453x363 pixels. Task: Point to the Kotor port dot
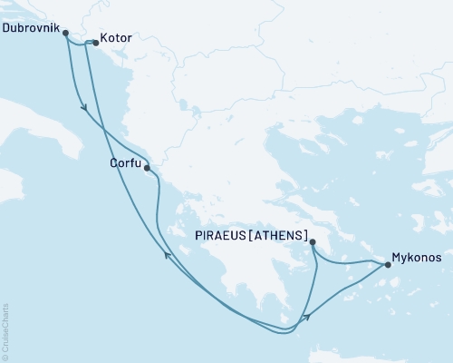click(96, 42)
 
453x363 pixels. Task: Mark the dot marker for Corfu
click(147, 167)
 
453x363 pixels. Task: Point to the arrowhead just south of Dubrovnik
click(84, 108)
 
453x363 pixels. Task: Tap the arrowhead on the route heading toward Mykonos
click(309, 316)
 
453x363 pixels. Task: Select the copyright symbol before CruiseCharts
click(6, 355)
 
